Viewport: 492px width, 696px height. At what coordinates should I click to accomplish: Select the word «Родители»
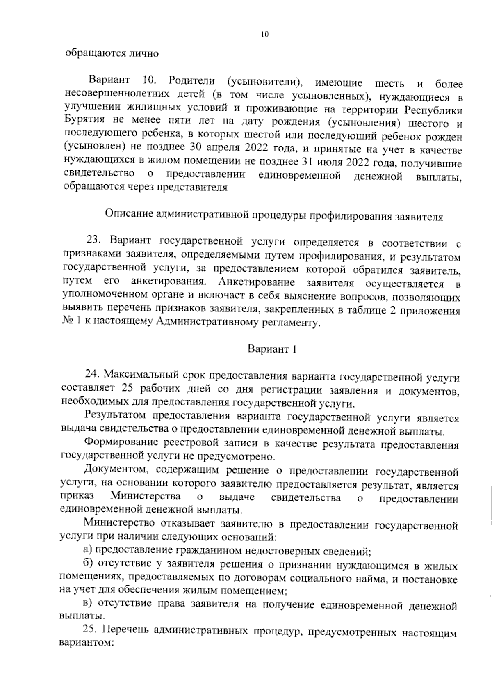tap(191, 80)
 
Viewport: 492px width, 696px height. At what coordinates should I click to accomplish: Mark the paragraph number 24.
tap(92, 375)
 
